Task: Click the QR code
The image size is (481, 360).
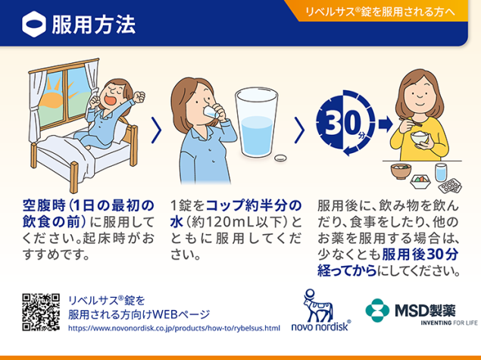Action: tap(41, 312)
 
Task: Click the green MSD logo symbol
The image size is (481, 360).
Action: tap(377, 310)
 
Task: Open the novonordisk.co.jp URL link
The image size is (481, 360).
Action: tap(174, 328)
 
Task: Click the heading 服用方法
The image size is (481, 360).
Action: tap(94, 24)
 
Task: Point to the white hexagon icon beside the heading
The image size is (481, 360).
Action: tap(34, 24)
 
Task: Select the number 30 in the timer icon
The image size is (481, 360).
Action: tap(342, 122)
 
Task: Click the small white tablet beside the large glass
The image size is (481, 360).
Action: tap(280, 158)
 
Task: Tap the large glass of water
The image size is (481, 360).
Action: tap(257, 123)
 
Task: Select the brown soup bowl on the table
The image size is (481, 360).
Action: tap(401, 171)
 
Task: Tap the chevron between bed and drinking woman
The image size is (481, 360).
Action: tap(157, 130)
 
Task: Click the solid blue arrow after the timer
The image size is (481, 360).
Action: tap(386, 124)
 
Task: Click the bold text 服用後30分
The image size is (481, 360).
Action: tap(420, 255)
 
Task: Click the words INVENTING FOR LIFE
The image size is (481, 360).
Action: tap(449, 323)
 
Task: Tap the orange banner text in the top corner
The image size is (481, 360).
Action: tap(380, 11)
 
